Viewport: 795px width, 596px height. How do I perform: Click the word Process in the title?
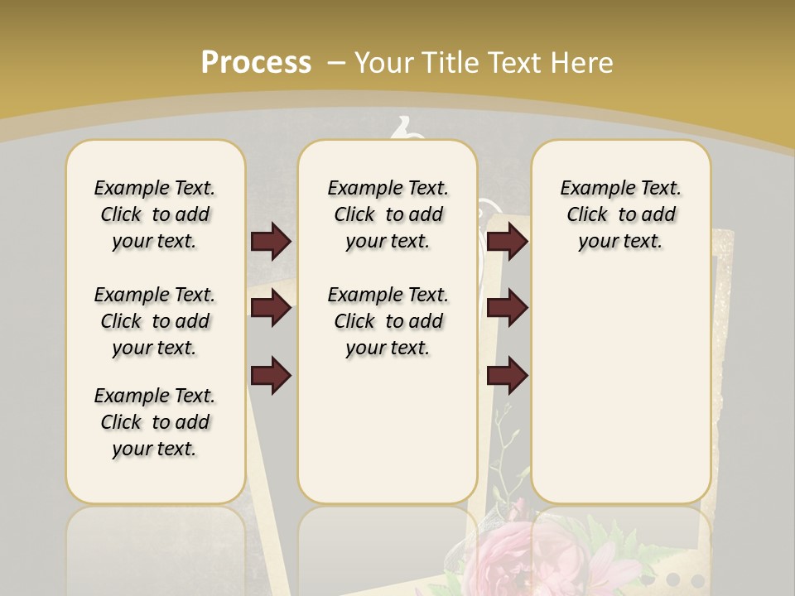click(256, 62)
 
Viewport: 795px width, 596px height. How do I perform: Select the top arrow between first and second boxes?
click(271, 241)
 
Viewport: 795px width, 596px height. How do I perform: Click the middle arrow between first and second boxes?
click(271, 309)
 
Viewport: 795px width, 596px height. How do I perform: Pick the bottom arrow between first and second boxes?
click(271, 375)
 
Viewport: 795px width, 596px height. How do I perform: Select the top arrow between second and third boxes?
click(507, 241)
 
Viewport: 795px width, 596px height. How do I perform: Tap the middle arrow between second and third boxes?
click(507, 309)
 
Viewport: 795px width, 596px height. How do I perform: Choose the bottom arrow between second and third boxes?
click(507, 375)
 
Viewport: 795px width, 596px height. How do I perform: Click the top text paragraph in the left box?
click(155, 214)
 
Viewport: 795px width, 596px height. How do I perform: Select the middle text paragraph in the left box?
click(155, 321)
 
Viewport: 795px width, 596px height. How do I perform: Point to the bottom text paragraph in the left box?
click(155, 422)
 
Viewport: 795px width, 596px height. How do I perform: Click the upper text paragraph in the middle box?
click(388, 214)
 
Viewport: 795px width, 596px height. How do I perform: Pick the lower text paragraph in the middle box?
click(388, 321)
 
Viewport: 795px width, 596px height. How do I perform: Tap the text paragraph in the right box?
click(620, 214)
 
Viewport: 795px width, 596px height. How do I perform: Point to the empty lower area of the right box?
click(620, 389)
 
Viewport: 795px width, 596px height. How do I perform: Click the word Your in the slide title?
click(385, 62)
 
